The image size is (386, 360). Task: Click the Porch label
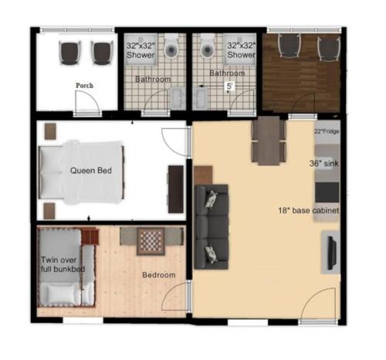click(x=85, y=86)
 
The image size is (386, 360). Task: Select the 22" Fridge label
click(x=326, y=132)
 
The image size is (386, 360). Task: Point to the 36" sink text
click(x=323, y=164)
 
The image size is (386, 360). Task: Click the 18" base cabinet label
click(x=309, y=210)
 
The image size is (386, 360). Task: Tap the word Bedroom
click(x=158, y=276)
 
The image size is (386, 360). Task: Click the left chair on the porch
click(x=70, y=52)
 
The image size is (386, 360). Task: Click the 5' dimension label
click(x=229, y=87)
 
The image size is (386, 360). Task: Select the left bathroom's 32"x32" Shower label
click(x=141, y=51)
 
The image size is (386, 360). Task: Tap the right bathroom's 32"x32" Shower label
click(x=241, y=51)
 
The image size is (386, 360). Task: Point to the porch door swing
click(x=85, y=100)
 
